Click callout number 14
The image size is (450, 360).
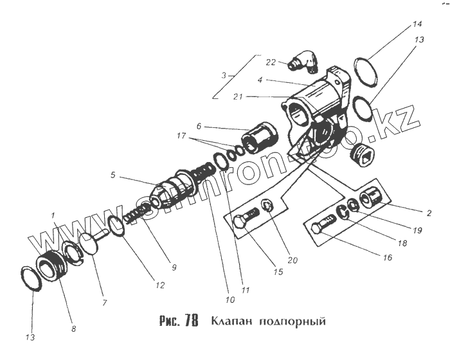[x=417, y=24]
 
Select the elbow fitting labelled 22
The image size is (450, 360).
[x=303, y=63]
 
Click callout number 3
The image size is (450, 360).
[x=224, y=75]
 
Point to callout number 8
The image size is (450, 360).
[x=73, y=328]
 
